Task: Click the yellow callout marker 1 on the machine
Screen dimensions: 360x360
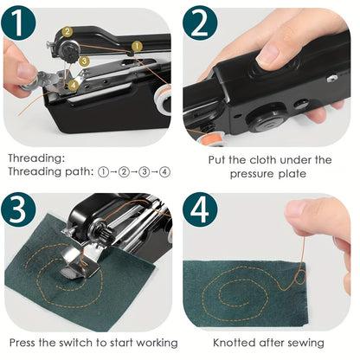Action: tap(137, 46)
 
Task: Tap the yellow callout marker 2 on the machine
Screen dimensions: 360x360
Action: tap(67, 33)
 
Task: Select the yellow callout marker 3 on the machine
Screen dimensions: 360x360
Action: tap(83, 61)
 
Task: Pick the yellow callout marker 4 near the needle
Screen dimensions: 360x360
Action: tap(73, 84)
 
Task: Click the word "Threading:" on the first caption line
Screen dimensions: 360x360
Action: tap(35, 158)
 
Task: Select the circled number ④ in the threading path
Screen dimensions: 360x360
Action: tap(164, 172)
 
